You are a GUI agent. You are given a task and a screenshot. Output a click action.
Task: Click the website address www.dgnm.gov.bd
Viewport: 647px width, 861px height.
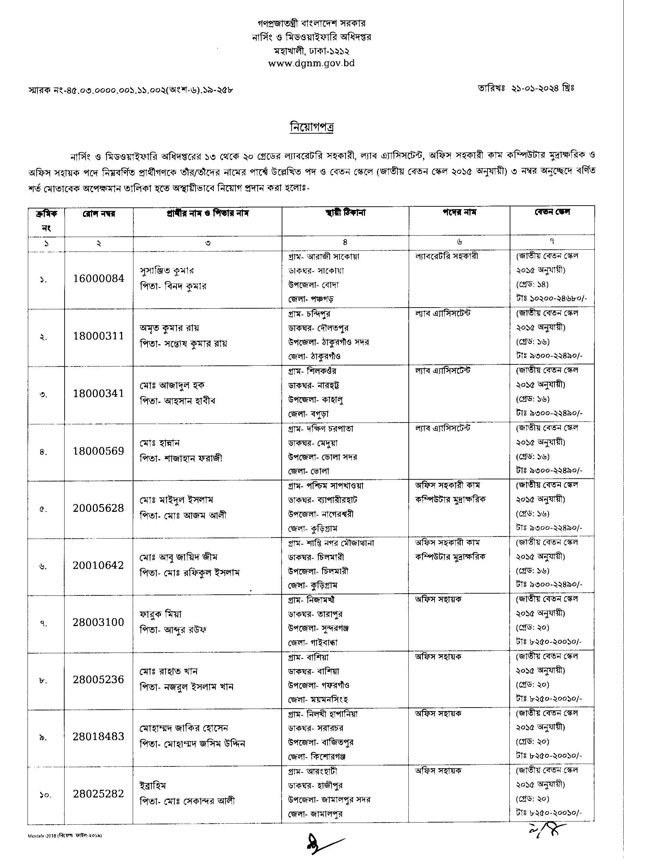(x=311, y=63)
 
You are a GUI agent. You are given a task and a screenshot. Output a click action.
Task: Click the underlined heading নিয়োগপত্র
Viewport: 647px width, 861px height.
(x=312, y=127)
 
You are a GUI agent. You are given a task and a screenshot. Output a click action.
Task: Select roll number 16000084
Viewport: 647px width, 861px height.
(x=98, y=278)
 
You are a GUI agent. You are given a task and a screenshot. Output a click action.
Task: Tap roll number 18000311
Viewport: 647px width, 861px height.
(x=98, y=336)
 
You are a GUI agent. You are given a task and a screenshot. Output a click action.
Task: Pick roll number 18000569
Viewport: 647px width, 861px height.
(x=98, y=451)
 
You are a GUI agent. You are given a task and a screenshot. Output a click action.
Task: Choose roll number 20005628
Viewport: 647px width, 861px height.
(x=98, y=508)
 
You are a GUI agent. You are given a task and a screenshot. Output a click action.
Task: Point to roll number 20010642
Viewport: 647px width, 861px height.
(x=98, y=565)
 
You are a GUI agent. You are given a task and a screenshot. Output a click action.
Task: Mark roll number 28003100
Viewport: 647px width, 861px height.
(x=98, y=622)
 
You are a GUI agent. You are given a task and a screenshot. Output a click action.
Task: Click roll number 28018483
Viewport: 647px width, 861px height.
(x=98, y=736)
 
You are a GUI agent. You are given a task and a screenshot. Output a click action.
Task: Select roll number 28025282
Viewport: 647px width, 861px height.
(x=98, y=793)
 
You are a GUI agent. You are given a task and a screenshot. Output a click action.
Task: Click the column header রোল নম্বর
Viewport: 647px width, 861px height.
(x=98, y=213)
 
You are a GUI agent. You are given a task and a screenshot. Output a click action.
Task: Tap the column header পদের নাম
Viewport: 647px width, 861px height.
(x=459, y=212)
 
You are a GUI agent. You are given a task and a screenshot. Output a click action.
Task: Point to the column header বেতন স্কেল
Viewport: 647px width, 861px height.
(x=552, y=212)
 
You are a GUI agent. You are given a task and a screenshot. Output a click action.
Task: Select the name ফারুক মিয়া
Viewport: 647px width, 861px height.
(x=161, y=614)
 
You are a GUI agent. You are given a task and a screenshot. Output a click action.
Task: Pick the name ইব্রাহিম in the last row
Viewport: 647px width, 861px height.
(x=153, y=786)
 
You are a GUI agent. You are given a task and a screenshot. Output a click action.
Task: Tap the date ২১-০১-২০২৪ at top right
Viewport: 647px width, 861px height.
(x=543, y=89)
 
